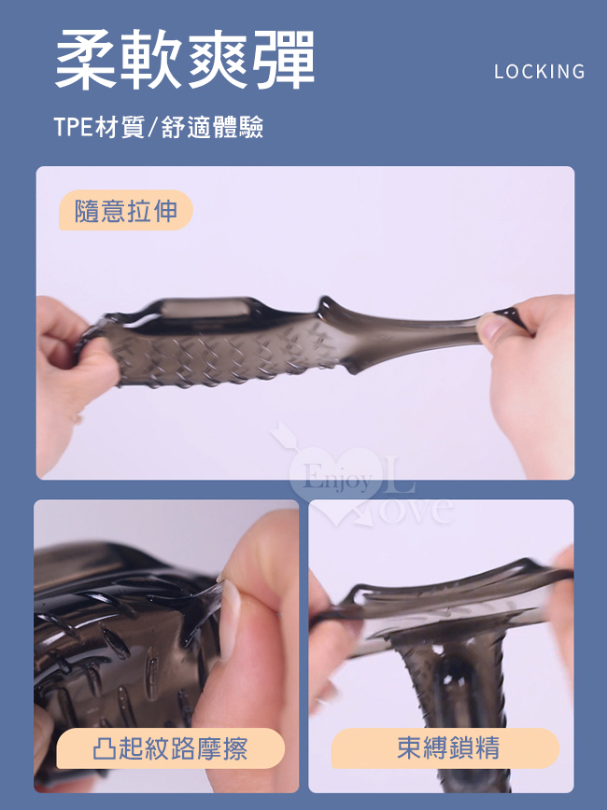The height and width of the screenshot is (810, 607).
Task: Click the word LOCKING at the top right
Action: (x=539, y=71)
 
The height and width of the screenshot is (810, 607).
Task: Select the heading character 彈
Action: (x=284, y=60)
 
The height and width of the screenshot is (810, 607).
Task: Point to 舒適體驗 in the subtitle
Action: (x=213, y=127)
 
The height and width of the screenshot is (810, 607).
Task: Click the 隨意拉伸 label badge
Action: (x=126, y=210)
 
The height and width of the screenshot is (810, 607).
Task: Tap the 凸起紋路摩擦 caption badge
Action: (x=170, y=748)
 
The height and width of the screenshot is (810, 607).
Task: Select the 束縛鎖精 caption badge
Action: (x=445, y=748)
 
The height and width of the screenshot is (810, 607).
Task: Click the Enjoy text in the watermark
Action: (x=336, y=479)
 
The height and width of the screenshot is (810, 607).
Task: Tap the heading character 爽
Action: (x=218, y=60)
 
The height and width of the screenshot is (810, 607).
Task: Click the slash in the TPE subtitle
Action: (x=152, y=128)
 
